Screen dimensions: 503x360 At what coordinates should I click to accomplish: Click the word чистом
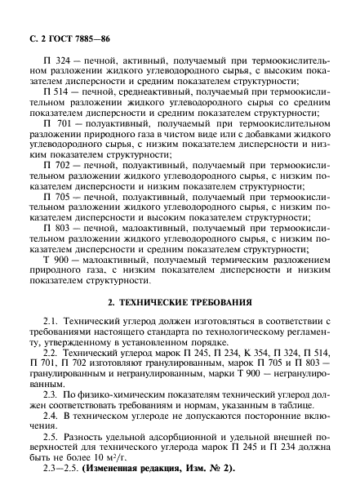pyautogui.click(x=184, y=133)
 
